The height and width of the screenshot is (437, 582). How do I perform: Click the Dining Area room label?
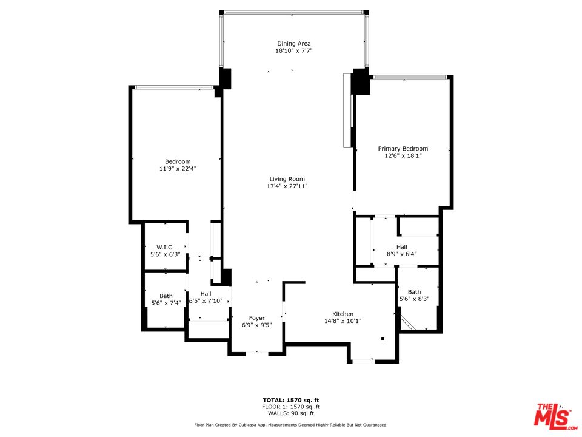pos(293,44)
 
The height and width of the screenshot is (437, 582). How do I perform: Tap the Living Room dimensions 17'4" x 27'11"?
pos(287,186)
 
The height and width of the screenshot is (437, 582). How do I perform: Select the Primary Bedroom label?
pos(403,149)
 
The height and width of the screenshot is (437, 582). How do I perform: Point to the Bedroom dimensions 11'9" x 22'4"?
pos(178,168)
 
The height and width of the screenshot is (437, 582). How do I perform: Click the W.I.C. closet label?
pos(165,248)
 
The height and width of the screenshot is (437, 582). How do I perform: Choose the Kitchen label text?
pos(343,314)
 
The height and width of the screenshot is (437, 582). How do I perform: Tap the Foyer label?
pos(257,318)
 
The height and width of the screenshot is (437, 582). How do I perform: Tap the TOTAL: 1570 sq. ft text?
pos(291,400)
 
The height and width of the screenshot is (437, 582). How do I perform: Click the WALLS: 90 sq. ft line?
pos(291,413)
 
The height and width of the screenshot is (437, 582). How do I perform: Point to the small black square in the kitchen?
pos(383,339)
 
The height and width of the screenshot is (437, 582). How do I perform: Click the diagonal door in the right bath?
pos(407,320)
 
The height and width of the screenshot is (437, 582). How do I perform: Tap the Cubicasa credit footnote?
pos(291,425)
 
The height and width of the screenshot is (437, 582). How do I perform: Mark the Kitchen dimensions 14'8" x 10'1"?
pos(343,321)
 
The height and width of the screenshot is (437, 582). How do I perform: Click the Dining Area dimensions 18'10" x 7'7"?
pos(293,50)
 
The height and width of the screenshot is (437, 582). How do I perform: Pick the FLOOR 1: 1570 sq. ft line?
pos(291,407)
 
